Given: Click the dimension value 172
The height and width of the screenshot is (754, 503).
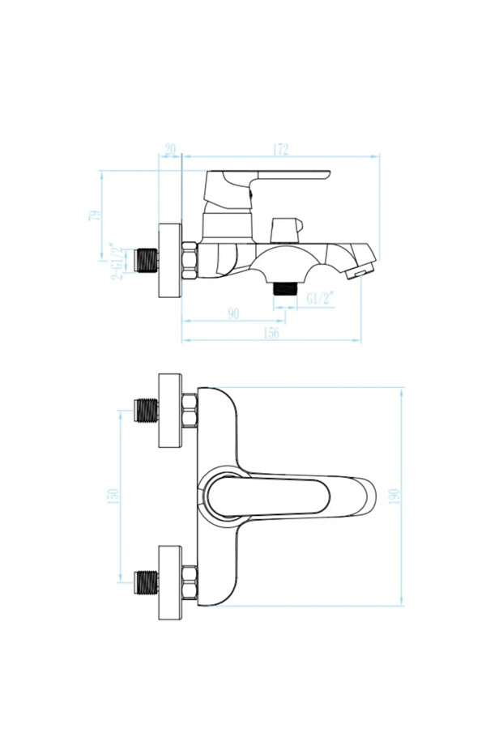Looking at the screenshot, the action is [x=280, y=149].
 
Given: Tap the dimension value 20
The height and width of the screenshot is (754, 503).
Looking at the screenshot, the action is [x=170, y=149].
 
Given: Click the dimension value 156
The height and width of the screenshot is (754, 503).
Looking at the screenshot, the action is [x=271, y=333].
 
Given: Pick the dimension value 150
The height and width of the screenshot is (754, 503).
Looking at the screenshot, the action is [x=113, y=496].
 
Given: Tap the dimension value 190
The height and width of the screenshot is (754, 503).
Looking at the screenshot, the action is [x=394, y=496].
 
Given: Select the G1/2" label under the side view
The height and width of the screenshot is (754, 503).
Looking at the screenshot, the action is [x=321, y=299].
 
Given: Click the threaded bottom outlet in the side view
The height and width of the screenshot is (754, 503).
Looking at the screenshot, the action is [x=286, y=289].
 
